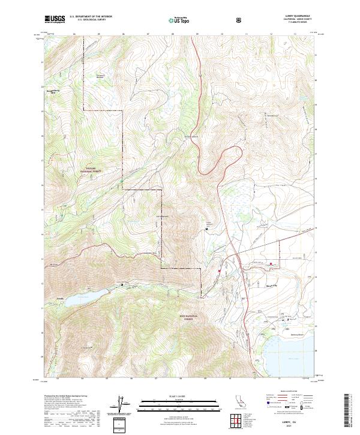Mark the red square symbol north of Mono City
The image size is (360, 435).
271,263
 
